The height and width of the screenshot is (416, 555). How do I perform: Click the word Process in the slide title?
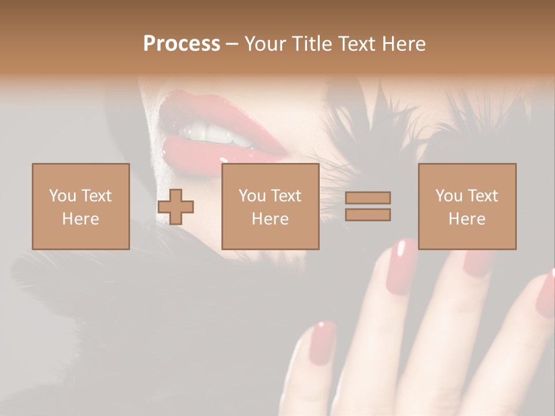pos(182,44)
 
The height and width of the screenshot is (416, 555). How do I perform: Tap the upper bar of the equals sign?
pos(368,198)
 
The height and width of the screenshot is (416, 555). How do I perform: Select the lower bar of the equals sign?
pos(368,215)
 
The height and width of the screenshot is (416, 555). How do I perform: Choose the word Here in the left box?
pos(80,219)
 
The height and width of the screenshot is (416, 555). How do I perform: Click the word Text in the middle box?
pos(285,196)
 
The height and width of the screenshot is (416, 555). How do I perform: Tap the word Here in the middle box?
pos(270,219)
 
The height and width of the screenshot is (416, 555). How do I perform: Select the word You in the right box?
pos(449,196)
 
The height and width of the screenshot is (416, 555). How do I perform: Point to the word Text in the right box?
pos(482,196)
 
